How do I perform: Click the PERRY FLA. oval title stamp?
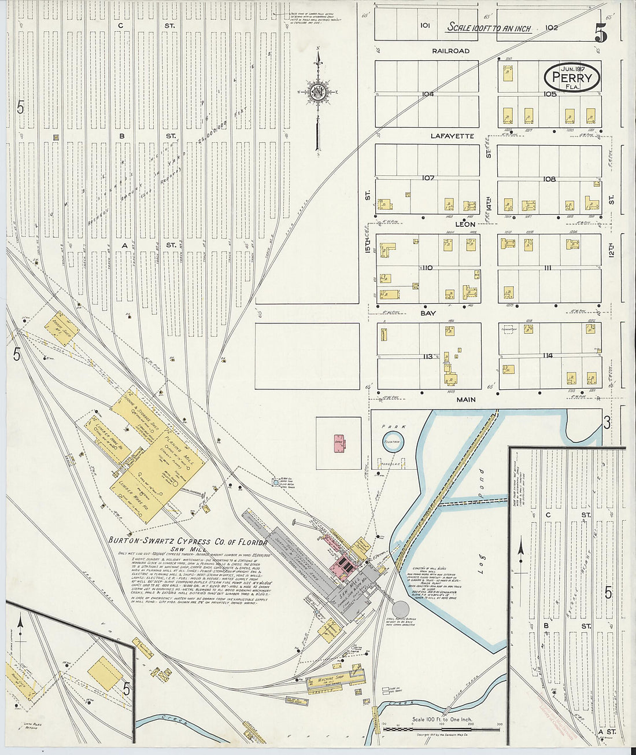click(x=571, y=77)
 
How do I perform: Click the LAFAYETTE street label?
click(x=452, y=136)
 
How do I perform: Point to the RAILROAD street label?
click(x=451, y=51)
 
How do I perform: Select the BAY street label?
click(x=428, y=313)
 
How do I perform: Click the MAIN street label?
click(x=465, y=399)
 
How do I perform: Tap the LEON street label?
click(x=465, y=224)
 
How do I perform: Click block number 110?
click(x=427, y=268)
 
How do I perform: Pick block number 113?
click(x=428, y=356)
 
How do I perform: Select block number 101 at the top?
click(x=426, y=25)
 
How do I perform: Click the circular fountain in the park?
click(x=393, y=441)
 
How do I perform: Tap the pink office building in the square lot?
click(x=338, y=443)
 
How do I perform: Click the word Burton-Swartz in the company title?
click(x=138, y=541)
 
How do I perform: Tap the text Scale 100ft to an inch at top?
click(x=489, y=28)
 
